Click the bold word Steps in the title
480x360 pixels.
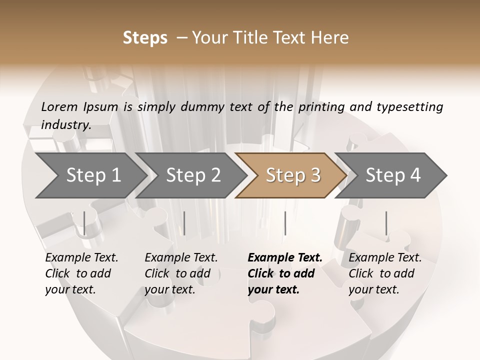(x=145, y=38)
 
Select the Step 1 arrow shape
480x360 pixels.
(x=90, y=175)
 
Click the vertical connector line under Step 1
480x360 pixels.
(x=84, y=223)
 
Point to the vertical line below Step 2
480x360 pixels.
(x=184, y=223)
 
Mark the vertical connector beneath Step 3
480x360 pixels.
(x=285, y=223)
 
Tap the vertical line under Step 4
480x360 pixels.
(x=386, y=223)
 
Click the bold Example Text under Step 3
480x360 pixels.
(x=285, y=257)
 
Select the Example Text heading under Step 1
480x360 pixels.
(x=81, y=257)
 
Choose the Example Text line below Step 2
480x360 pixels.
(x=181, y=257)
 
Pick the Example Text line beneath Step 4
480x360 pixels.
(x=385, y=257)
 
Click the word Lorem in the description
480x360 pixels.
(x=59, y=106)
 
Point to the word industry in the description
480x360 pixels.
(x=65, y=124)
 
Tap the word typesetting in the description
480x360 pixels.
(x=409, y=107)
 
